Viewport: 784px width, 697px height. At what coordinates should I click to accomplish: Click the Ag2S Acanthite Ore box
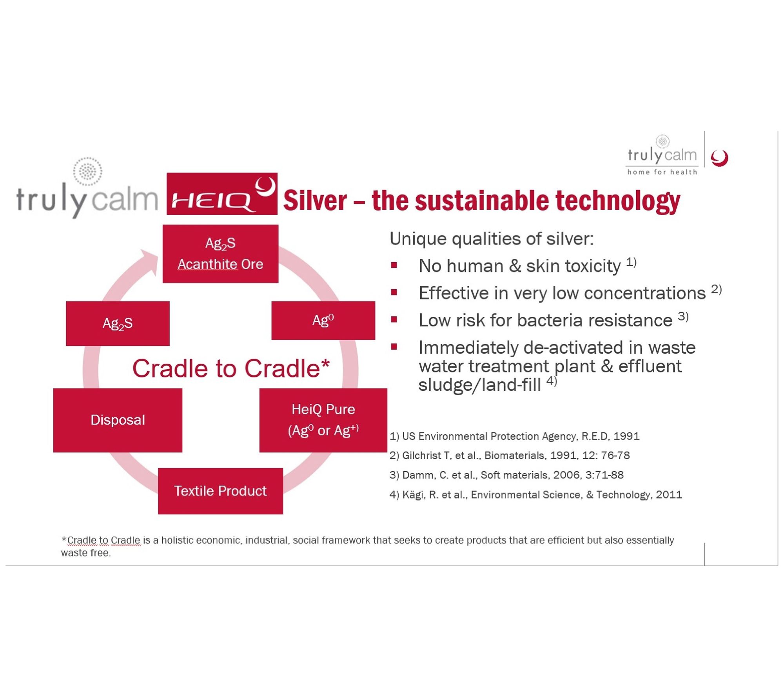pyautogui.click(x=220, y=254)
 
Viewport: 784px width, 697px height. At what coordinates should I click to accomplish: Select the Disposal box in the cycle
pyautogui.click(x=118, y=420)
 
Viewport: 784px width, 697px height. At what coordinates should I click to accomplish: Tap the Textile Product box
pyautogui.click(x=220, y=491)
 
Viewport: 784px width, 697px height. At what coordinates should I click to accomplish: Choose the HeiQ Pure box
pyautogui.click(x=323, y=420)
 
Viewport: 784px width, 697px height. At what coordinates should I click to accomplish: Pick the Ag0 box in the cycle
pyautogui.click(x=323, y=320)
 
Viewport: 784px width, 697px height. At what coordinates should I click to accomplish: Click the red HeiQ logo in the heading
pyautogui.click(x=222, y=194)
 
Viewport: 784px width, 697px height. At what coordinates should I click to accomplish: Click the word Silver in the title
pyautogui.click(x=315, y=200)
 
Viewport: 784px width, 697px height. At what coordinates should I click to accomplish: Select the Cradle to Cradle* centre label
pyautogui.click(x=231, y=368)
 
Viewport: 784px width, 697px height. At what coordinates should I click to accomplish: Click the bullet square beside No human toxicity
pyautogui.click(x=394, y=265)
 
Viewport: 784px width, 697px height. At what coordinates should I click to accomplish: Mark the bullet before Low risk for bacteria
pyautogui.click(x=394, y=319)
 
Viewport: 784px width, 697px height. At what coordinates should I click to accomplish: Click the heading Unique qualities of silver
pyautogui.click(x=492, y=239)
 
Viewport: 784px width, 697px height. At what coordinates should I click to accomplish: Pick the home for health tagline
pyautogui.click(x=662, y=172)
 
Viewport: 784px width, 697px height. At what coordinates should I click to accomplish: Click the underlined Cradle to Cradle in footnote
pyautogui.click(x=103, y=540)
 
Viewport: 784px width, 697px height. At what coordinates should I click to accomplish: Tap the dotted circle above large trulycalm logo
pyautogui.click(x=88, y=171)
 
